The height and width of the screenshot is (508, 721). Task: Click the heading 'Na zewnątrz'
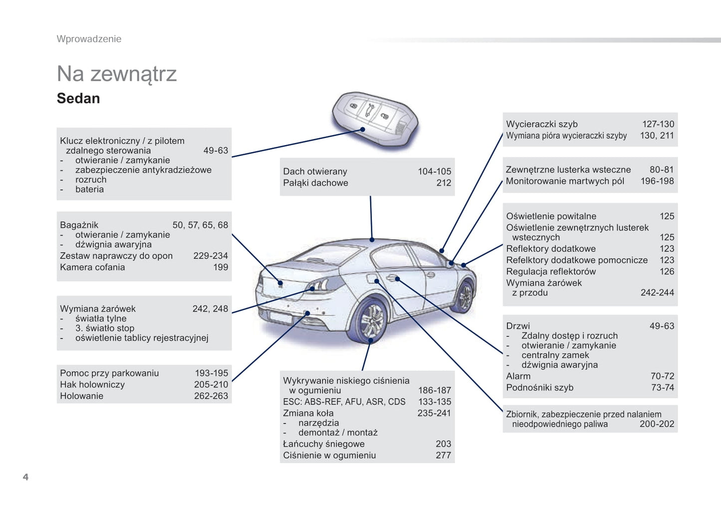[x=117, y=74]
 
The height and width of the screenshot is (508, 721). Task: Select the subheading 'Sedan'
[x=78, y=99]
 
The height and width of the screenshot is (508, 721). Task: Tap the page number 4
[x=25, y=477]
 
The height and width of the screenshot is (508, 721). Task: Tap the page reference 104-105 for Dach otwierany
[x=434, y=171]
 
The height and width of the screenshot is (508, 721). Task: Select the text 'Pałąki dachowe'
[x=315, y=183]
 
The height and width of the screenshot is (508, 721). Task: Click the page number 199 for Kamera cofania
[x=221, y=267]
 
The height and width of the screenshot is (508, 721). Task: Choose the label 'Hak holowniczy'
[x=92, y=385]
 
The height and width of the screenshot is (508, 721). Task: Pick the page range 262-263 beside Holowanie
[x=211, y=396]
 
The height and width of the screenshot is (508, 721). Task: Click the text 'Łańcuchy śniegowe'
[x=323, y=444]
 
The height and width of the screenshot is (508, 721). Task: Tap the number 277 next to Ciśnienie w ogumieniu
[x=443, y=456]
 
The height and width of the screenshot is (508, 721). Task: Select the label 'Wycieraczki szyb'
[x=542, y=124]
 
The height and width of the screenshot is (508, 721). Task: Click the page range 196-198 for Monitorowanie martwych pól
[x=657, y=181]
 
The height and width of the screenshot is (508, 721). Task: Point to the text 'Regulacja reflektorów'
[x=551, y=272]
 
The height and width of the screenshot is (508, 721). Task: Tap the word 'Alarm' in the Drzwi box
[x=518, y=376]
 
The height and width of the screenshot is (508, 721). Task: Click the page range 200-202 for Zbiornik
[x=657, y=424]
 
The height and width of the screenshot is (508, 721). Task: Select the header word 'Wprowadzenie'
[x=89, y=39]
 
